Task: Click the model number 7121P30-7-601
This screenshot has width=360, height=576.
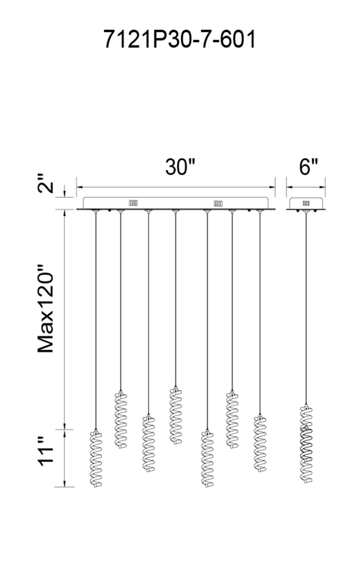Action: click(180, 39)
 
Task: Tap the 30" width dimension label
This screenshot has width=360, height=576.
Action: click(180, 167)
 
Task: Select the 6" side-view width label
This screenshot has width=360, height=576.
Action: click(309, 167)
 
